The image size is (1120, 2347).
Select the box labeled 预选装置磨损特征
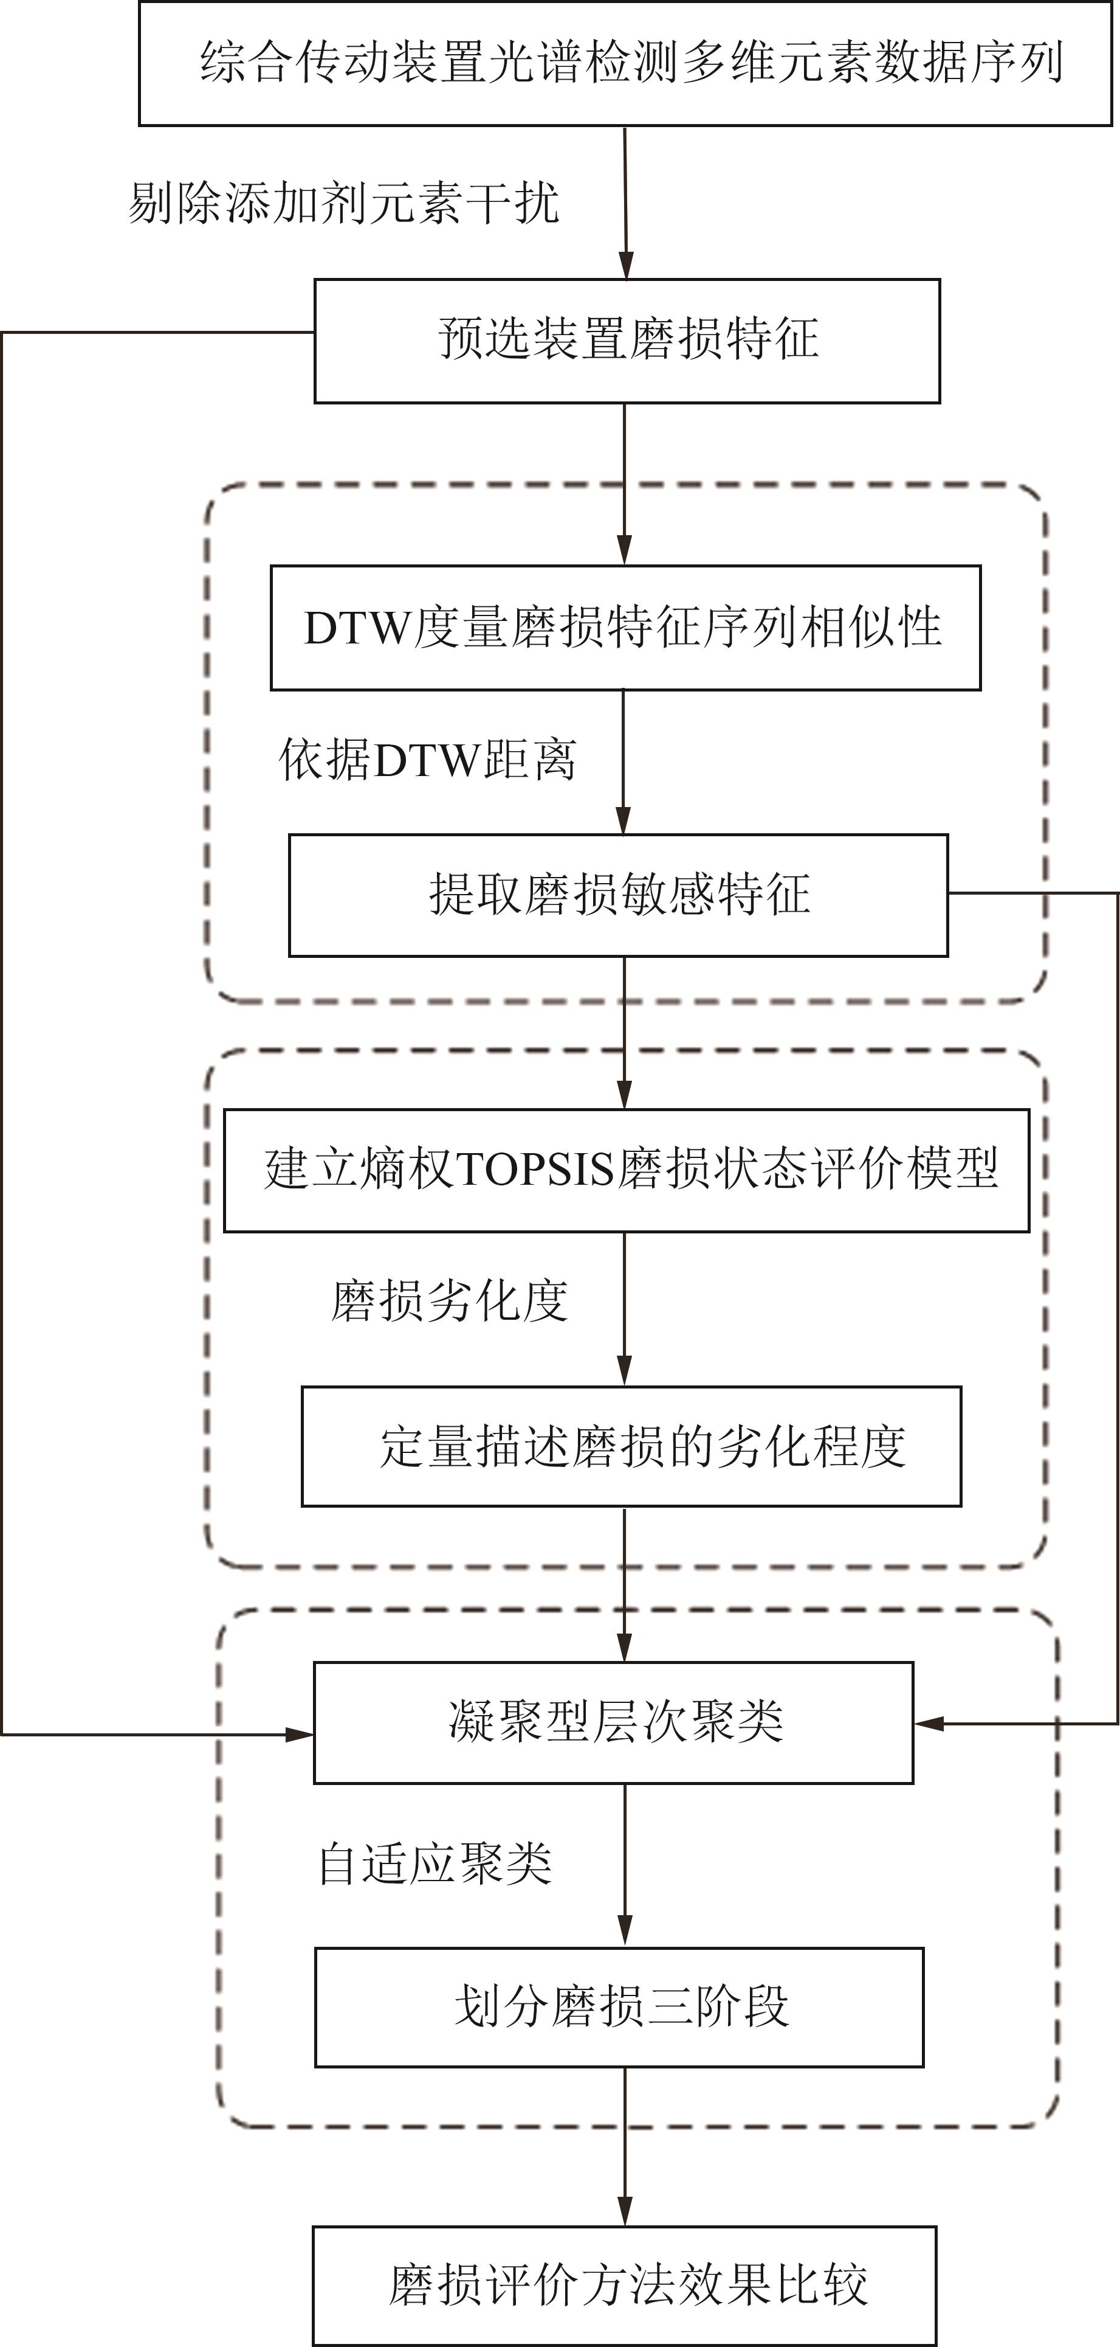coord(627,341)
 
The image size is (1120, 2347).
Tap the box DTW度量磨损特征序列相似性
coord(625,628)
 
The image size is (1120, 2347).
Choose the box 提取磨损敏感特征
coord(618,896)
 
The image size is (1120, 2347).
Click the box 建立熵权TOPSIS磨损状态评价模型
coord(627,1171)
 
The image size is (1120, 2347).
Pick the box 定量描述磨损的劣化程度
coord(631,1447)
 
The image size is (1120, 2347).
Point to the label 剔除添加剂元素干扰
coord(343,203)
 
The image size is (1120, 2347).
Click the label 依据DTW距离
coord(427,760)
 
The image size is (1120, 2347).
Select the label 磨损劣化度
coord(449,1301)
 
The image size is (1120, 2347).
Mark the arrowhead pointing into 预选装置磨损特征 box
coord(625,264)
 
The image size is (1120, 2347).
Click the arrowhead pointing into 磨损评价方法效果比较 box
coord(625,2211)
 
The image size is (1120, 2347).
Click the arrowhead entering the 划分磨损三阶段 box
coord(625,1933)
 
